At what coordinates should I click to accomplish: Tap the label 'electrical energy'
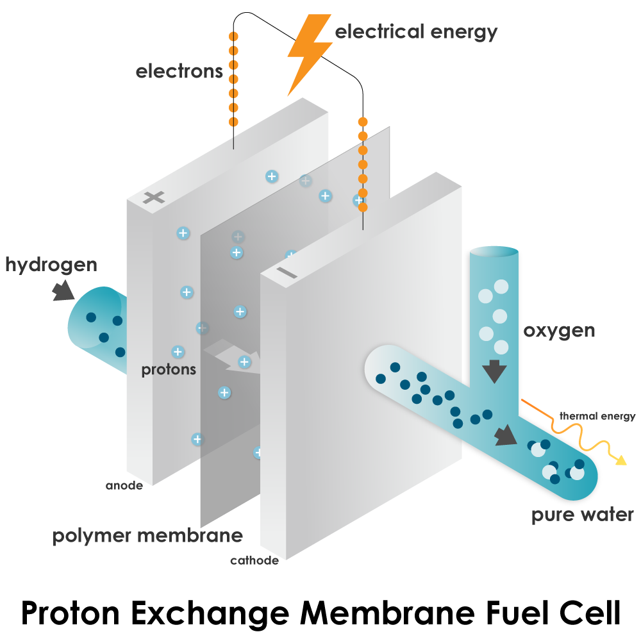point(416,32)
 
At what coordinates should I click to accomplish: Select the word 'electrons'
point(179,71)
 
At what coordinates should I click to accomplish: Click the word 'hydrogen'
point(51,265)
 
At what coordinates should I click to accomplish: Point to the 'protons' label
point(169,370)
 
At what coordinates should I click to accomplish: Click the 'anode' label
point(124,485)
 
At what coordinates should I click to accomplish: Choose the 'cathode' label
point(254,561)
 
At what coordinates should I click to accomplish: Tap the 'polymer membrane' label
point(147,536)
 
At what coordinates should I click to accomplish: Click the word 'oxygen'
point(559,331)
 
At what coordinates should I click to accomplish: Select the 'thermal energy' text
point(597,417)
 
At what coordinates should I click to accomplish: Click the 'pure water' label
point(582,515)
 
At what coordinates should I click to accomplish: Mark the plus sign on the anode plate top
point(154,197)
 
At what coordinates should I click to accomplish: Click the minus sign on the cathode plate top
point(287,273)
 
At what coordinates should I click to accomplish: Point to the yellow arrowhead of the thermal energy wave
point(620,460)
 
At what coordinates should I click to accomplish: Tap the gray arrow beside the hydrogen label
point(62,291)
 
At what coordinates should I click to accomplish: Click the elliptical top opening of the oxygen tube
point(494,252)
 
